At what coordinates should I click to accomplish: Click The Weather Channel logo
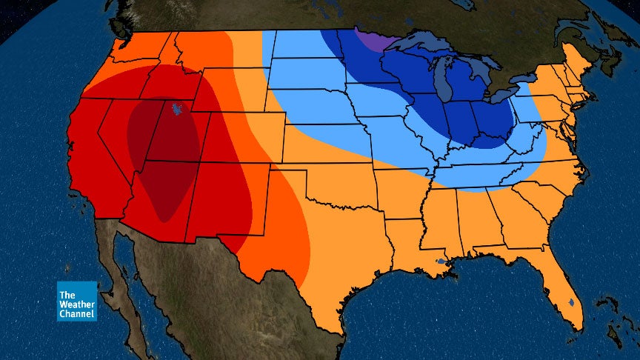tap(77, 301)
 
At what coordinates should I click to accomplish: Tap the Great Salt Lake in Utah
tap(176, 110)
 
